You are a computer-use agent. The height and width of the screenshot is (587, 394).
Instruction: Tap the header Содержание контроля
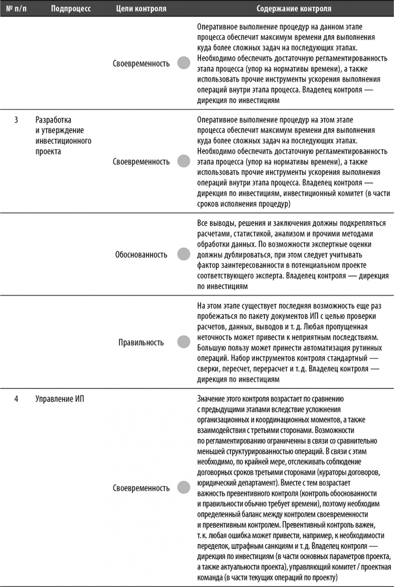pyautogui.click(x=293, y=9)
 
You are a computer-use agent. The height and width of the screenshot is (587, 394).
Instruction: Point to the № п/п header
pyautogui.click(x=17, y=9)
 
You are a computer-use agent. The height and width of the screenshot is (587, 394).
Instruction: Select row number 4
pyautogui.click(x=16, y=398)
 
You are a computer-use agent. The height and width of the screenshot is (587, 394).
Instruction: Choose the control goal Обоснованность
pyautogui.click(x=141, y=255)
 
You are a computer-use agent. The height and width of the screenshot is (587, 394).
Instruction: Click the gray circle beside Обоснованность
pyautogui.click(x=184, y=255)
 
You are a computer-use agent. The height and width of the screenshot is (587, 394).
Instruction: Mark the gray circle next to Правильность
pyautogui.click(x=184, y=342)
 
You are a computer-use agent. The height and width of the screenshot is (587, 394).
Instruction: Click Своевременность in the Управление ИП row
pyautogui.click(x=141, y=488)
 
